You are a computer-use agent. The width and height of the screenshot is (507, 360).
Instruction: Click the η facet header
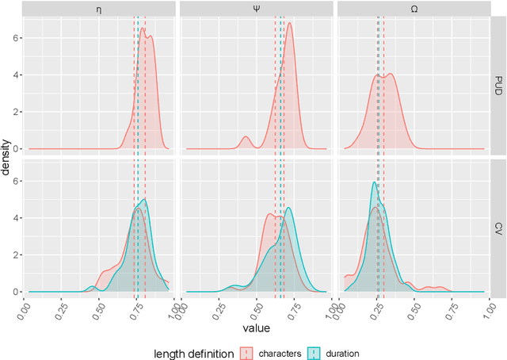tap(99, 10)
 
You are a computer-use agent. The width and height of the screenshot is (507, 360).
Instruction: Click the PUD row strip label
tap(498, 86)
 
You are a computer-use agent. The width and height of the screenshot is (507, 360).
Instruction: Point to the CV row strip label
tap(498, 228)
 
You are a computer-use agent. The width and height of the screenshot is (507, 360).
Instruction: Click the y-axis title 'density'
tap(7, 157)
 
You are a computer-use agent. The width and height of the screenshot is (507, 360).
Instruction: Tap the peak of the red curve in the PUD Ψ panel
tap(290, 23)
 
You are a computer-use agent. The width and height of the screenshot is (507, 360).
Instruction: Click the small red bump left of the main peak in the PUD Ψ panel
tap(245, 137)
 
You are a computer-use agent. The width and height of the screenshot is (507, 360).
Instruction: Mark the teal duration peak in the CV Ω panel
tap(374, 183)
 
